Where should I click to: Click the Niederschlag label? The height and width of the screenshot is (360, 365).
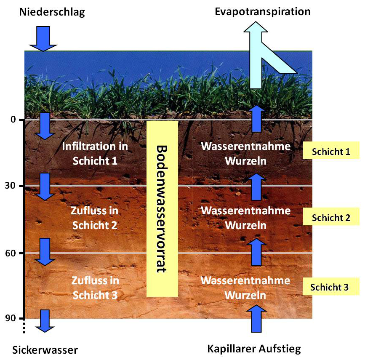(x=52, y=12)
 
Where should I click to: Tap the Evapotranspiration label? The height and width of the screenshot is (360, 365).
(x=262, y=11)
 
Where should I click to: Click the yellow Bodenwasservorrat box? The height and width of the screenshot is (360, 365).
(x=162, y=208)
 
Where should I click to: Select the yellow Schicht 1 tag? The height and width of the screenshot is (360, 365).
(x=330, y=152)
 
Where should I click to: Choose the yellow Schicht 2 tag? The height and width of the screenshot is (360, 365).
(x=330, y=218)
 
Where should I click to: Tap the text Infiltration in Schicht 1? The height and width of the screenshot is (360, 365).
(x=95, y=153)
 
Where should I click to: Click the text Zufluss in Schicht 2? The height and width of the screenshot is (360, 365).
(x=95, y=217)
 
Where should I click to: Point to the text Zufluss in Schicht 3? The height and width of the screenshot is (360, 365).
(x=95, y=288)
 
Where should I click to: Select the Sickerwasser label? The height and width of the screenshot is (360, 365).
(x=45, y=350)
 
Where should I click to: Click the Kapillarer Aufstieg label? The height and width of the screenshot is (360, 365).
(x=254, y=349)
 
